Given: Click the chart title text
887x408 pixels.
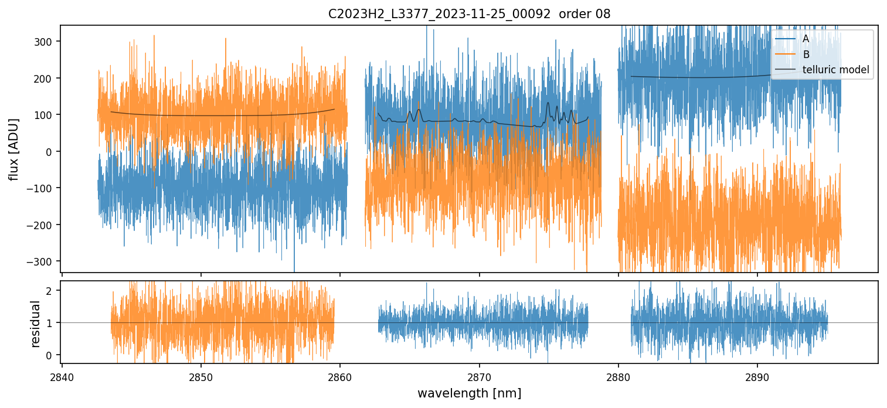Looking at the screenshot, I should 469,14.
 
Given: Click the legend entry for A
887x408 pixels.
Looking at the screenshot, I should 806,39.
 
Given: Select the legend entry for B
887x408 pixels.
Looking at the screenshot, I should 806,55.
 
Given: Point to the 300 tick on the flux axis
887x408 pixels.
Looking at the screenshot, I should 45,42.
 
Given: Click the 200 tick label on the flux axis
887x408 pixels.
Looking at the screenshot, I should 45,79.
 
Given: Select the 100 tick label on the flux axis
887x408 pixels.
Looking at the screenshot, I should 45,115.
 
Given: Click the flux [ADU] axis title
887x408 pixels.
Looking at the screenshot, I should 13,149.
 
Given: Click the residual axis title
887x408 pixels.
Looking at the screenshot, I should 36,323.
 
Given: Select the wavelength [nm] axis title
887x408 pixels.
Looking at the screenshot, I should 469,393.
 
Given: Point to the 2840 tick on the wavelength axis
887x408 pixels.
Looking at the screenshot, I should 62,376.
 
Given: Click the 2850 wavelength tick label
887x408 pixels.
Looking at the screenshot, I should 201,376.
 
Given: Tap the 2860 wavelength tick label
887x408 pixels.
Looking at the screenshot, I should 340,376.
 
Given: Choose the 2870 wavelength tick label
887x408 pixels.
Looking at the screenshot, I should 480,376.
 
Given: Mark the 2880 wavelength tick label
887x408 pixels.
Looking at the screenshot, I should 618,376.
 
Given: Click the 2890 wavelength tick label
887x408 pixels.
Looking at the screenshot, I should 757,376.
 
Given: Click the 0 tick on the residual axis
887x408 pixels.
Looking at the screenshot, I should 49,355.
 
